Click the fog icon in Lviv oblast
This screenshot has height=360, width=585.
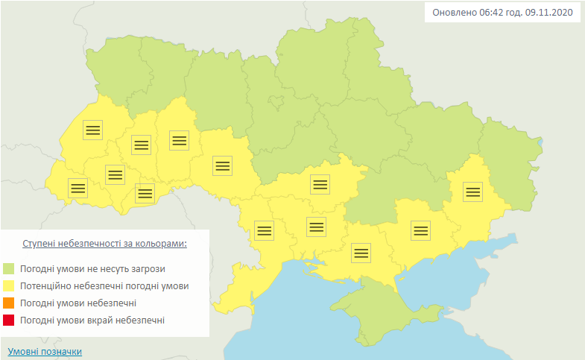click(92, 130)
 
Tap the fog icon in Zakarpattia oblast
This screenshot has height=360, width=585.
click(78, 188)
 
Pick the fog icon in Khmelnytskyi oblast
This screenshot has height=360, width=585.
click(179, 139)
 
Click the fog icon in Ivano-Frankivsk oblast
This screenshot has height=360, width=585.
click(115, 174)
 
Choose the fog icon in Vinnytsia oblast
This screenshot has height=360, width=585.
click(222, 165)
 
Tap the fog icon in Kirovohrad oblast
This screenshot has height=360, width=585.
click(320, 183)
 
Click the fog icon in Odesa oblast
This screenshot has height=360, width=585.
click(265, 230)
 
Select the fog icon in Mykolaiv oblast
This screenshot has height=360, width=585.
click(316, 226)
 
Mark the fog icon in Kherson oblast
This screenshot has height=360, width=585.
click(361, 253)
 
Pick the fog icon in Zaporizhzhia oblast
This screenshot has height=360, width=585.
click(421, 230)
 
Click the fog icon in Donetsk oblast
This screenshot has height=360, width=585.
click(472, 192)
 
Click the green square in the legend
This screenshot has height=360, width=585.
click(9, 268)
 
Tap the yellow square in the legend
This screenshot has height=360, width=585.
click(9, 285)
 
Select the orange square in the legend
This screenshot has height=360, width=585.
click(9, 303)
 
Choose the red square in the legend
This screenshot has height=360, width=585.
click(9, 320)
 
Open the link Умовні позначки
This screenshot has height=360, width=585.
click(45, 351)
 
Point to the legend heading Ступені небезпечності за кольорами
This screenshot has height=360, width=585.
click(104, 244)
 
